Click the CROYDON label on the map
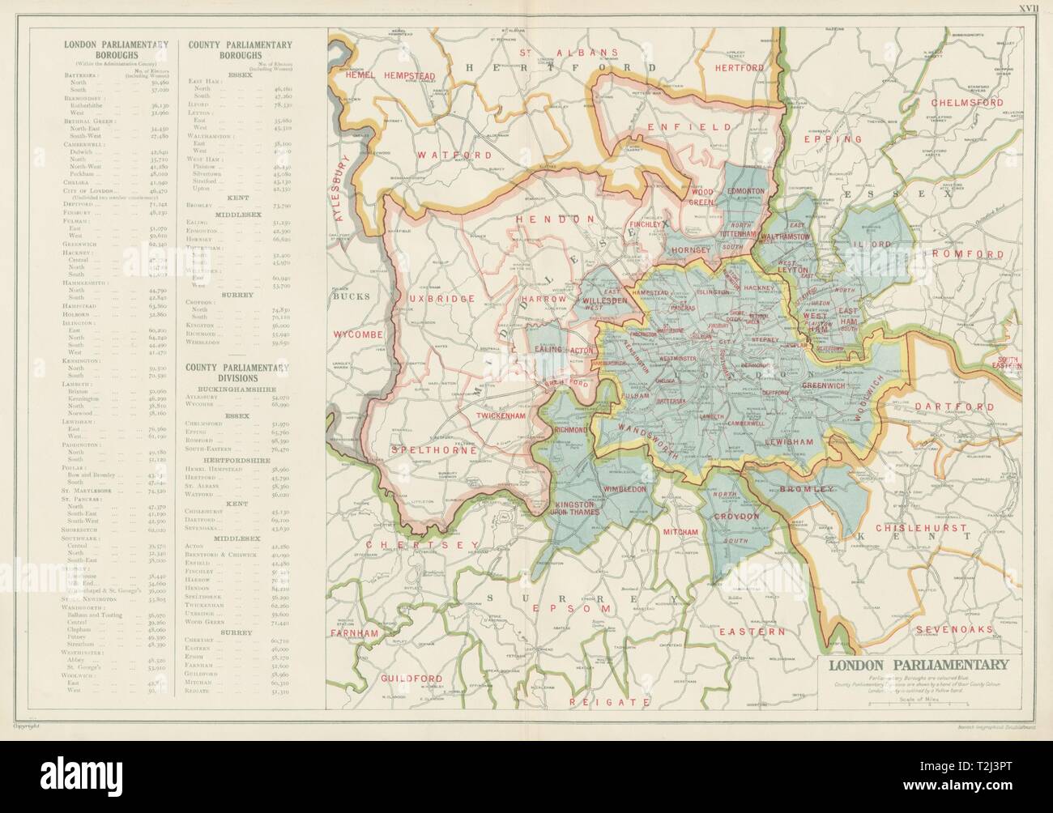(736, 516)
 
